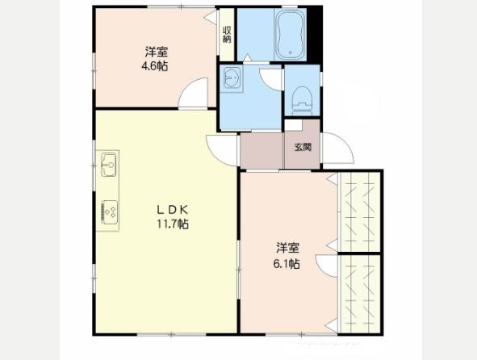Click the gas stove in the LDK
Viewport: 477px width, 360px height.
108,212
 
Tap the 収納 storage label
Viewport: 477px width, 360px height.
227,35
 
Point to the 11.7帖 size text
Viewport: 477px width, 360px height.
172,224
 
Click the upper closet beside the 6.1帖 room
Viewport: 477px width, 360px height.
360,211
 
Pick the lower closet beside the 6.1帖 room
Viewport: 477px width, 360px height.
360,294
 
